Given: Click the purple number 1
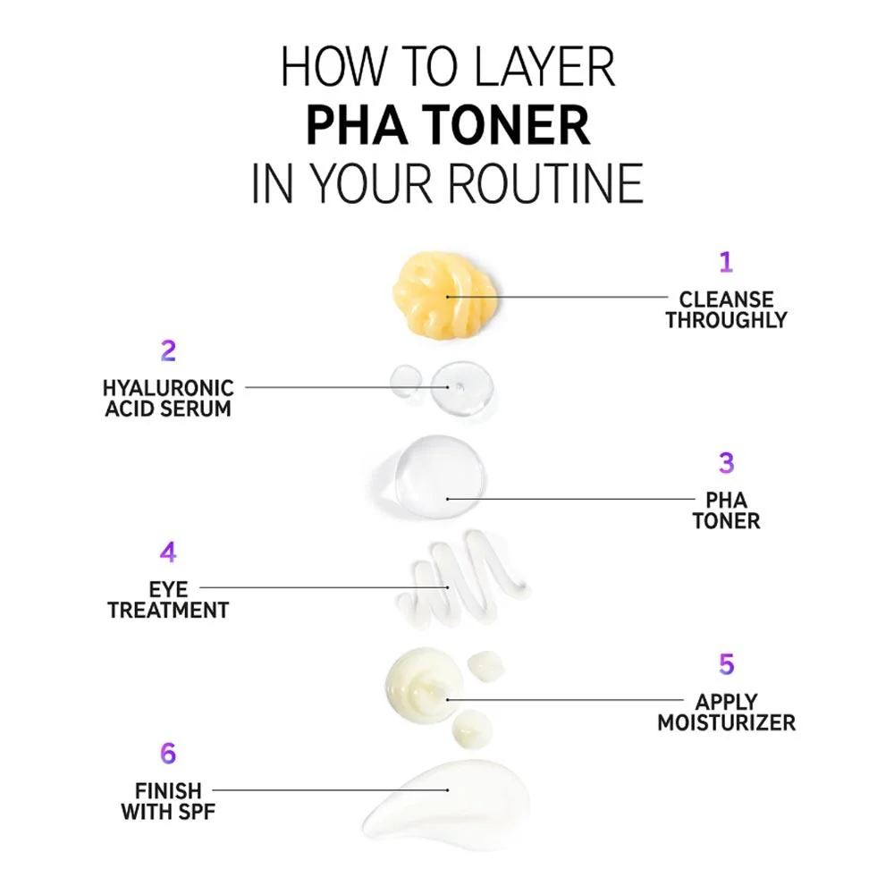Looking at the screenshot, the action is click(x=725, y=262).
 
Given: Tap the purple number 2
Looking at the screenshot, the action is click(x=168, y=350).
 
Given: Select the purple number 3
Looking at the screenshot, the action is click(x=726, y=463).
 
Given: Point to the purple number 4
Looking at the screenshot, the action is click(x=168, y=552).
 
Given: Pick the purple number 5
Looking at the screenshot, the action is click(x=726, y=664).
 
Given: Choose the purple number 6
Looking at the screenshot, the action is click(x=168, y=753).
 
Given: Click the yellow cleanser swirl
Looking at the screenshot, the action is click(x=444, y=296).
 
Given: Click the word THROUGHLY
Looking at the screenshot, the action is click(x=726, y=320).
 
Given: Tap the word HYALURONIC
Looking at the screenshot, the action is click(x=168, y=388).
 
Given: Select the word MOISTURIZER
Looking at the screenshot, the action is click(x=726, y=723).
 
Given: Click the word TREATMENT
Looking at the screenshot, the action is click(x=168, y=611).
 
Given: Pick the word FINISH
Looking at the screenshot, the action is click(x=168, y=791).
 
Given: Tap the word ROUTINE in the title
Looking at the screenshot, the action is click(x=545, y=183).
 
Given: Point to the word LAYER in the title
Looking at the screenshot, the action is click(x=544, y=67).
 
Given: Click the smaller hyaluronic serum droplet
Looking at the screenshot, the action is click(x=405, y=380).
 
